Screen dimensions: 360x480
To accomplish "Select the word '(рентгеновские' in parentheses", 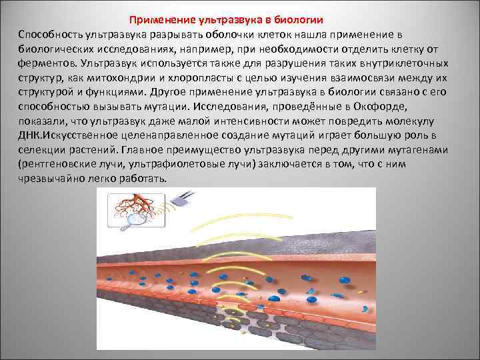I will click(x=57, y=166).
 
